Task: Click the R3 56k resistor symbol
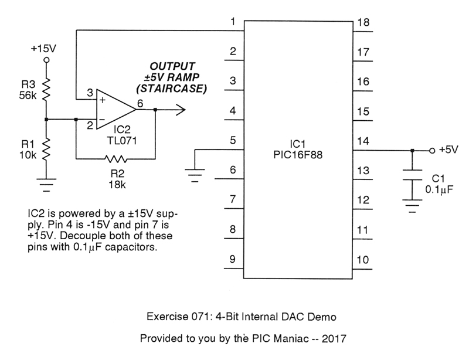click(47, 89)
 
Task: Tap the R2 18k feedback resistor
click(115, 158)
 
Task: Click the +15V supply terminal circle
click(47, 60)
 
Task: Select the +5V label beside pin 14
click(448, 150)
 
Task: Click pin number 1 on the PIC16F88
click(233, 22)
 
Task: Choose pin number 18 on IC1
click(363, 22)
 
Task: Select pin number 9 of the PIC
click(233, 259)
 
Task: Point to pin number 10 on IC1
click(363, 259)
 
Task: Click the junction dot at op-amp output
click(155, 109)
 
